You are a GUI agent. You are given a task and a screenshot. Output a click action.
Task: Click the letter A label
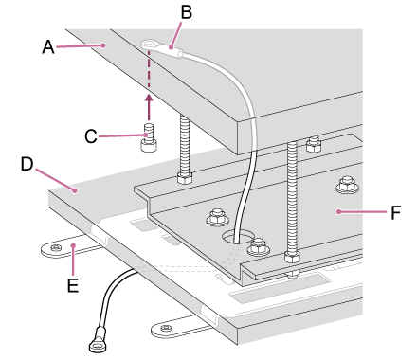(x=48, y=47)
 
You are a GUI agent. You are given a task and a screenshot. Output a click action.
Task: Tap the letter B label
(x=187, y=12)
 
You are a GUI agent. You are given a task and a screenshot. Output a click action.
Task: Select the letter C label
(x=91, y=136)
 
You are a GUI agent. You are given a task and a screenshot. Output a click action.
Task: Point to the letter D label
(x=27, y=164)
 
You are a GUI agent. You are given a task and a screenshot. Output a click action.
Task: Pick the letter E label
(x=73, y=285)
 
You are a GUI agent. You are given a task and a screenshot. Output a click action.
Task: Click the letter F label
(x=395, y=212)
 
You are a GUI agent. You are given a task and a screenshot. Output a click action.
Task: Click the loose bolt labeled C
(x=149, y=137)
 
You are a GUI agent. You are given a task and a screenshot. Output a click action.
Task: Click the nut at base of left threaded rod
(x=185, y=178)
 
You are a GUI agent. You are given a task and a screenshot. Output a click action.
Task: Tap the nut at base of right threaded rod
(x=292, y=256)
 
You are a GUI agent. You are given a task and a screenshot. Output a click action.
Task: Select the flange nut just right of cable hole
(x=259, y=246)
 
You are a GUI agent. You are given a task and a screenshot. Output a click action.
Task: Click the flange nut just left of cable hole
(x=217, y=217)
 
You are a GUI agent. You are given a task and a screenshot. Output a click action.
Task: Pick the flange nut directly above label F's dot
(x=347, y=184)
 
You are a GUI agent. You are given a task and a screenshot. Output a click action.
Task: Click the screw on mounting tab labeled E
(x=56, y=247)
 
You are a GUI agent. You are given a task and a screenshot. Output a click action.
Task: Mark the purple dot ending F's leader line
(x=338, y=211)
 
